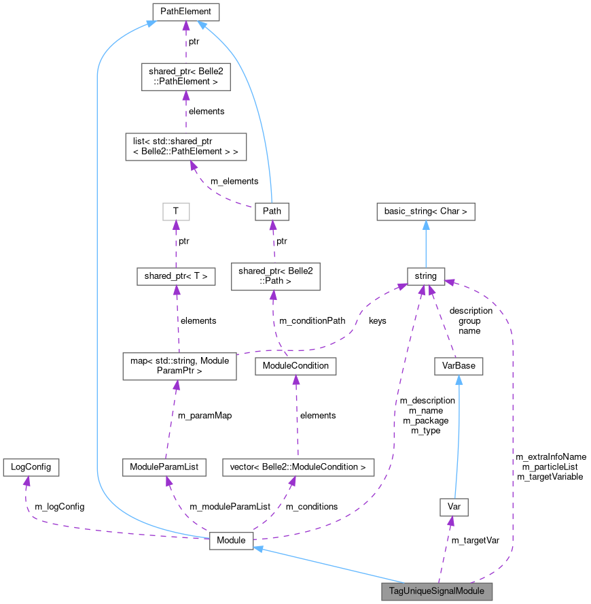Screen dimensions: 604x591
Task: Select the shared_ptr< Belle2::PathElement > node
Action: click(x=186, y=77)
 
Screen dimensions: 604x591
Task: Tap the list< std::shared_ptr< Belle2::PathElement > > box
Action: click(x=185, y=147)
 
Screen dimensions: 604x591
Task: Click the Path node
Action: click(x=271, y=212)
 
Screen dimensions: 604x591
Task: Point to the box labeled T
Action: click(x=176, y=212)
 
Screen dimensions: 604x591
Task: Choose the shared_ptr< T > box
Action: click(x=176, y=276)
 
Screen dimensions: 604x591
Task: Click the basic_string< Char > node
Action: click(x=426, y=212)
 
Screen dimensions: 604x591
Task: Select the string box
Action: click(x=426, y=276)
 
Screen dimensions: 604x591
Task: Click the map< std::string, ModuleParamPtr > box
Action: click(x=179, y=366)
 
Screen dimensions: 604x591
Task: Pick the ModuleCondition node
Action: click(x=295, y=366)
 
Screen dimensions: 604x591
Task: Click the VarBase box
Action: click(x=459, y=366)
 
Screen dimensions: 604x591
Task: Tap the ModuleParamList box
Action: click(x=164, y=467)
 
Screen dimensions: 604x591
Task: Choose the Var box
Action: click(x=454, y=507)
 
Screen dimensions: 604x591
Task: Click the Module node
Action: click(x=231, y=540)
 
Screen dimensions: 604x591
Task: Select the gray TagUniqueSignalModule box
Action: click(x=437, y=591)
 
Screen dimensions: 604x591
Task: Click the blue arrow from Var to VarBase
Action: click(x=456, y=435)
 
